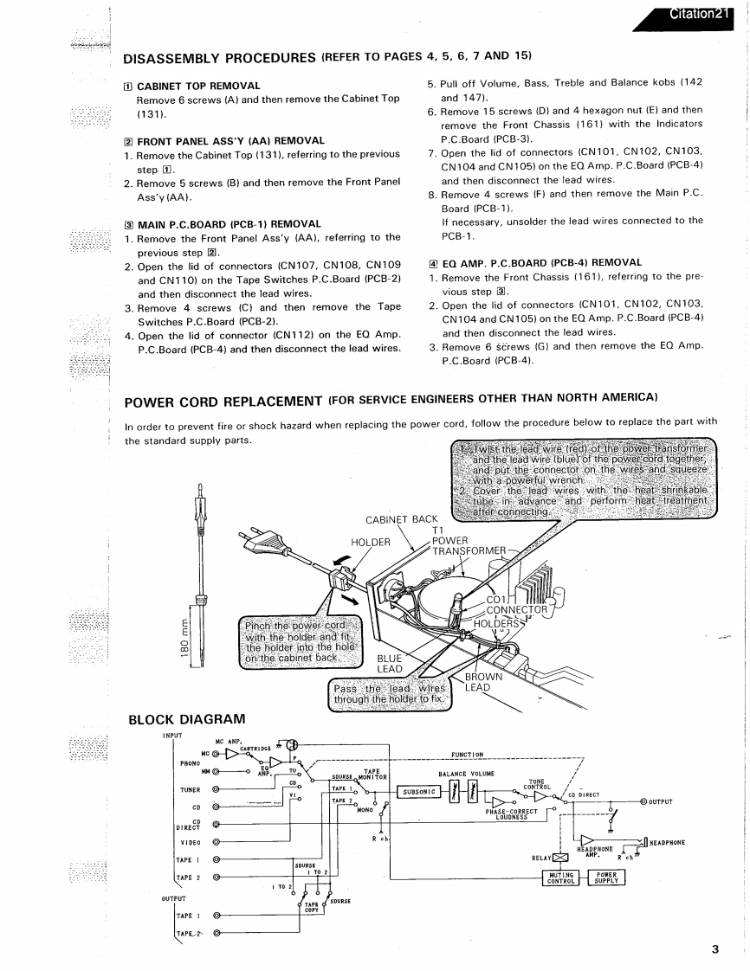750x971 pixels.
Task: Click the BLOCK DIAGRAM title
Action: pos(186,719)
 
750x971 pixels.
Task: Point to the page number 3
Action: pos(715,949)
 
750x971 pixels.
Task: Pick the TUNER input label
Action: pos(191,790)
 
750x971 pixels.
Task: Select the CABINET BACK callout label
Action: pos(402,519)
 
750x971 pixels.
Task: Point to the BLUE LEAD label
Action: pos(390,664)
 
